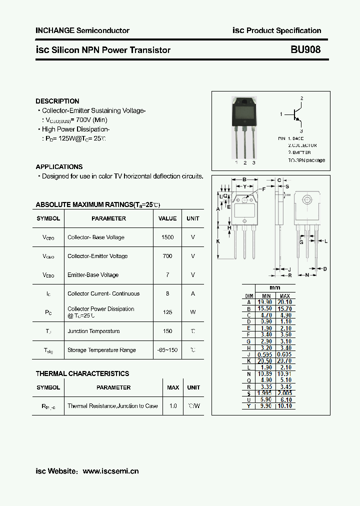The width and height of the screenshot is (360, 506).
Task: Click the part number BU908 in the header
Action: (305, 50)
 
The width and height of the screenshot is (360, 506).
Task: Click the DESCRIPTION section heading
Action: (57, 101)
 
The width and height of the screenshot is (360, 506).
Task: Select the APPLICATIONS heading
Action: (59, 166)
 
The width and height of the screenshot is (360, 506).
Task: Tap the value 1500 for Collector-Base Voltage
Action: (167, 237)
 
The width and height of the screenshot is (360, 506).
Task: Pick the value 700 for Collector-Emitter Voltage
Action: (167, 256)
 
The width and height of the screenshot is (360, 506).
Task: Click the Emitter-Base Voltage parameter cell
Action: (93, 275)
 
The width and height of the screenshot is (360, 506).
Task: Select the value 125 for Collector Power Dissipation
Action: (167, 312)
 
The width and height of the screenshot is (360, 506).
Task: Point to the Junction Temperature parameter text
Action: (93, 331)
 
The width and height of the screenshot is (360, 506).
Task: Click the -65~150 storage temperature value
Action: (167, 350)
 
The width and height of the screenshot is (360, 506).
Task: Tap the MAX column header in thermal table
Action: (173, 387)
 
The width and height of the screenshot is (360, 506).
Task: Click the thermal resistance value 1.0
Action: (173, 406)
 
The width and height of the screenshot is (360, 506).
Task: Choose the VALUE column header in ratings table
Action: (167, 218)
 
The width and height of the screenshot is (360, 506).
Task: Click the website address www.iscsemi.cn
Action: (110, 471)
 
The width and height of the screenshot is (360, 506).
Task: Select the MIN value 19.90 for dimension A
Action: (265, 302)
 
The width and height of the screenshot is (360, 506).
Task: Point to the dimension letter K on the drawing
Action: (218, 241)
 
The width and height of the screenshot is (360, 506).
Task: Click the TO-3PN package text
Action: (306, 160)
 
